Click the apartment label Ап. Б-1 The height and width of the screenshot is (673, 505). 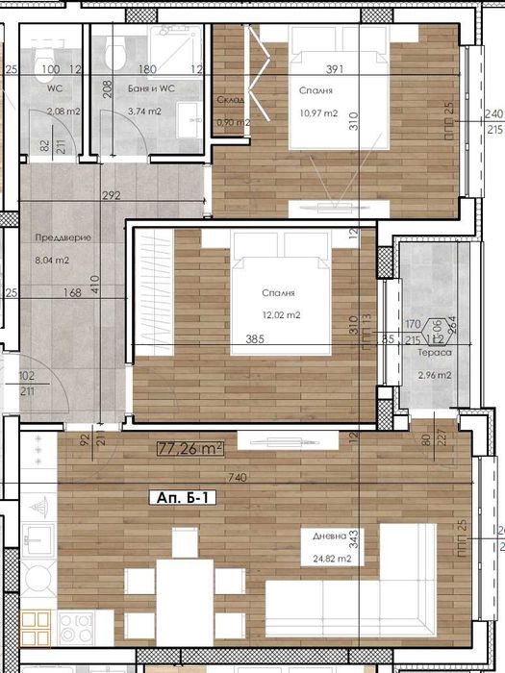coord(183,499)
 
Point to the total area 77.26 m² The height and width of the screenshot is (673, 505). coord(190,447)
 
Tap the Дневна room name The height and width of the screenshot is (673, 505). coord(316,536)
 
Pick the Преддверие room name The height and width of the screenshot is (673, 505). coord(56,238)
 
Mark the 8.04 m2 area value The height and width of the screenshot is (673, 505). coord(51,260)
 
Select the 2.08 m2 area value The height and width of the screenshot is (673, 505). coord(62,112)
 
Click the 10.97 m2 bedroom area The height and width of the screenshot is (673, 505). coord(318,113)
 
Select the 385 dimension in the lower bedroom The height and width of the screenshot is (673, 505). coord(254,338)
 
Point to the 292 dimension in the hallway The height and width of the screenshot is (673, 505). coord(112,196)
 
